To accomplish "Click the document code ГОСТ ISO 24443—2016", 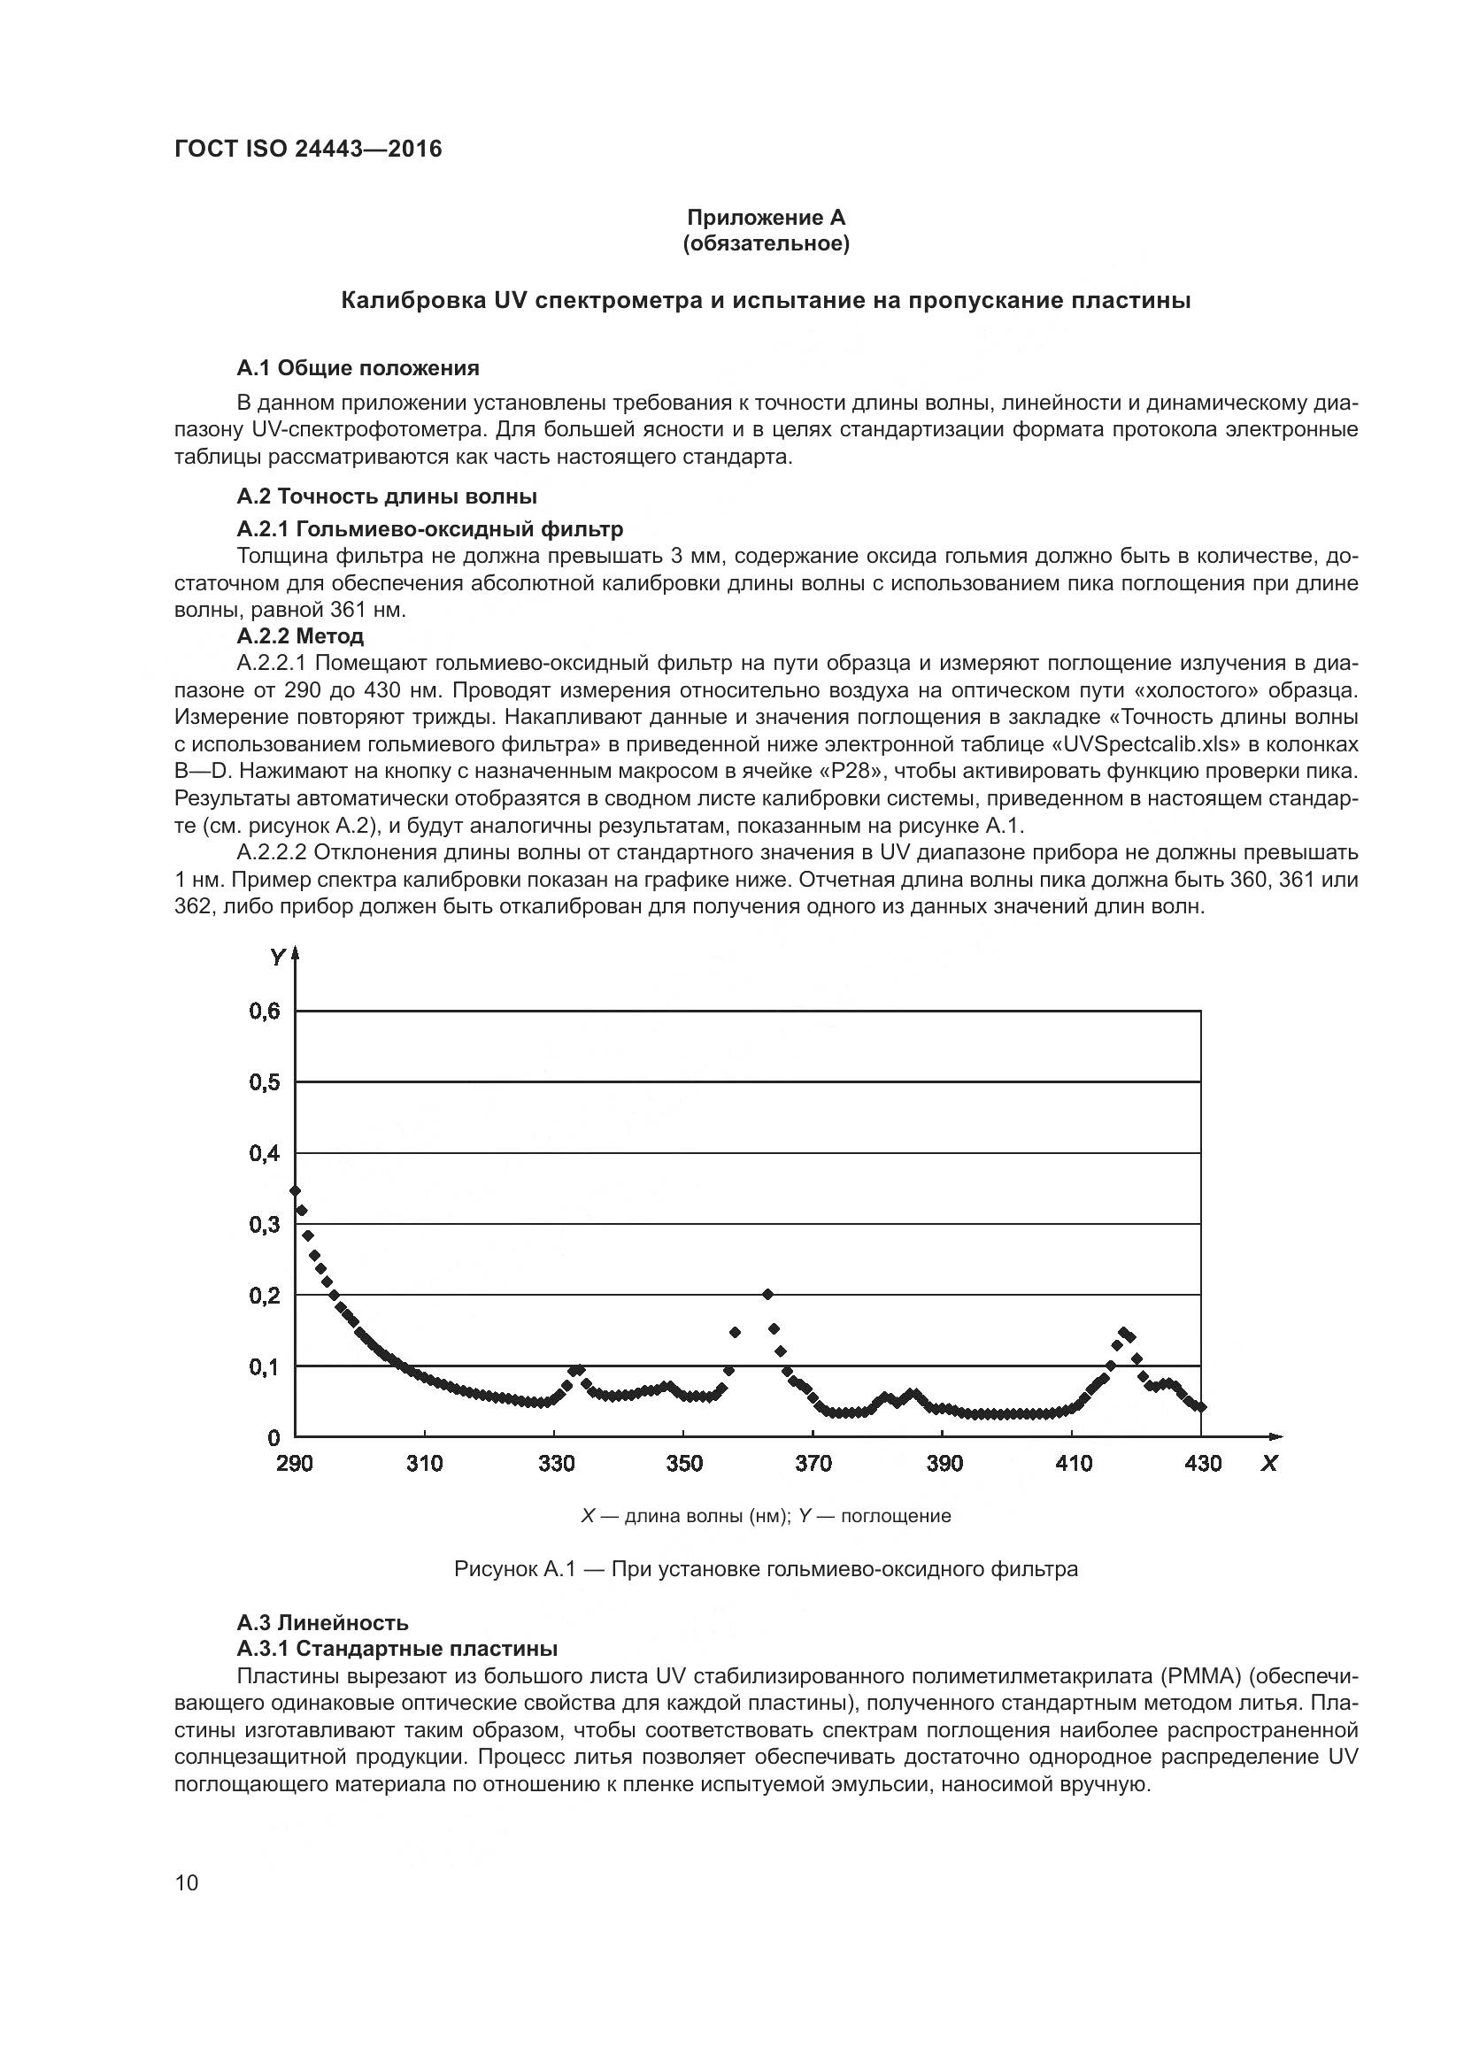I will tap(308, 149).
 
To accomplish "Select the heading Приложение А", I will tap(766, 218).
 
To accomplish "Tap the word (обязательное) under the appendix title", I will tap(766, 243).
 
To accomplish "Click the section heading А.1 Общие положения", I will tap(358, 368).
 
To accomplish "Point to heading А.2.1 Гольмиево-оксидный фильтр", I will tap(430, 528).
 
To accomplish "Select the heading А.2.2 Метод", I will tap(300, 636).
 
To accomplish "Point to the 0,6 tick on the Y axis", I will tap(265, 1012).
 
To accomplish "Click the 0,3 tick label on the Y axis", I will tap(265, 1224).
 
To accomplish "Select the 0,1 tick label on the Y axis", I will tap(265, 1367).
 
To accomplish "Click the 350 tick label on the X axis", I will tap(684, 1464).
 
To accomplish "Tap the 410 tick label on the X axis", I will tap(1073, 1464).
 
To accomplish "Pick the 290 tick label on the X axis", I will tap(295, 1464).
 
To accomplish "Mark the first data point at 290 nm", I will tap(295, 1191).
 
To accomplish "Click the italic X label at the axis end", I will tap(1269, 1464).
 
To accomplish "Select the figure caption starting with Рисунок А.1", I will tap(766, 1570).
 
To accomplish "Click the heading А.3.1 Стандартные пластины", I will tap(397, 1649).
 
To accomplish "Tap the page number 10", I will tap(187, 1882).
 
